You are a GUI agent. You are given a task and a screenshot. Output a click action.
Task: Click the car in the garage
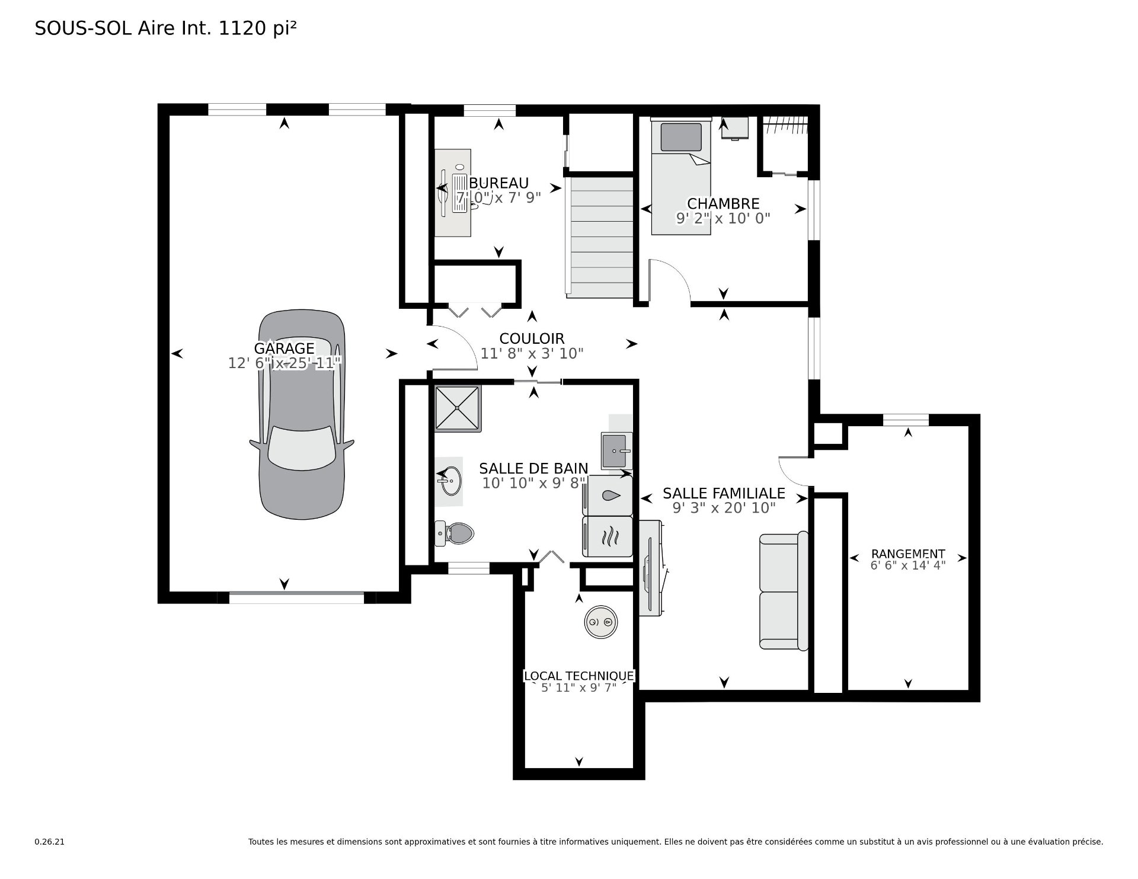(x=302, y=415)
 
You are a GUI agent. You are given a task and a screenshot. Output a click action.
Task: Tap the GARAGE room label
(x=284, y=348)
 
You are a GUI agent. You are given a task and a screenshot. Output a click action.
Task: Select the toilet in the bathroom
(x=454, y=533)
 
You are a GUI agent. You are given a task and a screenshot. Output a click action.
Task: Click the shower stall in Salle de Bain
(x=458, y=408)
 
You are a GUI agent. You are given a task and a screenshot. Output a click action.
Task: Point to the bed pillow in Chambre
(x=681, y=136)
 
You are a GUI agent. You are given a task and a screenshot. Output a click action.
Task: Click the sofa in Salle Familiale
(x=784, y=591)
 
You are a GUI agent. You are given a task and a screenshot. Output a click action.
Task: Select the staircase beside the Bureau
(x=600, y=236)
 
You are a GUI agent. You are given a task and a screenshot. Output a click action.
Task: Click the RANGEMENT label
(x=908, y=554)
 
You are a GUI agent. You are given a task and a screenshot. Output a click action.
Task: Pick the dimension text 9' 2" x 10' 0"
(x=723, y=218)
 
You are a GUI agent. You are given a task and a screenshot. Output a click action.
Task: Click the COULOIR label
(x=532, y=338)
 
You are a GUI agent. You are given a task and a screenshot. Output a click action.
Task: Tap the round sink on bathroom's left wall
(x=449, y=481)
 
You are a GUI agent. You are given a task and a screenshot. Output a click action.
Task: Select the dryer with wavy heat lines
(x=608, y=537)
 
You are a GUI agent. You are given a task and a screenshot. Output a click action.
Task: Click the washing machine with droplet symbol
(x=608, y=496)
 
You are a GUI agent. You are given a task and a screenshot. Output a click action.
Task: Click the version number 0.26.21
(x=49, y=842)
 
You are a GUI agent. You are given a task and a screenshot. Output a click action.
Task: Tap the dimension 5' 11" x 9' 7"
(x=579, y=688)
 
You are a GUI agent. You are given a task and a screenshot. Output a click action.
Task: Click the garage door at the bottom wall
(x=296, y=597)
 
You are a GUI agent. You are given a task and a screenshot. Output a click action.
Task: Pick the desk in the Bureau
(x=453, y=193)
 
